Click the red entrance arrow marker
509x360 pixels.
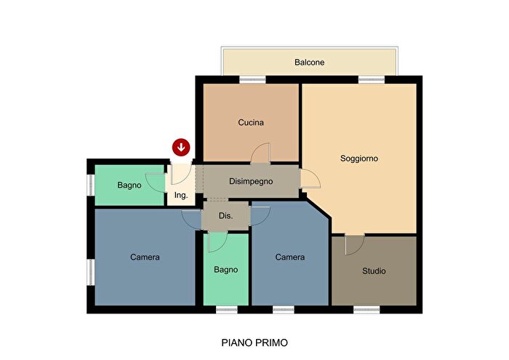pyautogui.click(x=181, y=148)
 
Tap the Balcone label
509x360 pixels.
pyautogui.click(x=309, y=63)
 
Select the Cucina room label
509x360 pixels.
pyautogui.click(x=251, y=123)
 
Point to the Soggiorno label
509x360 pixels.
pyautogui.click(x=359, y=159)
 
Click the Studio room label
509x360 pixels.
pyautogui.click(x=374, y=271)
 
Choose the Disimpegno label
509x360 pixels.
pyautogui.click(x=251, y=182)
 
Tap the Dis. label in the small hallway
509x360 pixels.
pyautogui.click(x=225, y=216)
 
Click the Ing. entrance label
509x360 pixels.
pyautogui.click(x=181, y=196)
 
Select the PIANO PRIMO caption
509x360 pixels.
pyautogui.click(x=254, y=343)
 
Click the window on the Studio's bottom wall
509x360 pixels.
pyautogui.click(x=366, y=310)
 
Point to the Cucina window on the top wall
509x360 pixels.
pyautogui.click(x=252, y=79)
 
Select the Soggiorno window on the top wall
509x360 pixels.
pyautogui.click(x=372, y=79)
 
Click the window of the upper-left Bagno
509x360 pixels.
pyautogui.click(x=91, y=185)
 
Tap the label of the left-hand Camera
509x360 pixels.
pyautogui.click(x=145, y=257)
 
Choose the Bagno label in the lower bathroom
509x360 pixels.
pyautogui.click(x=226, y=269)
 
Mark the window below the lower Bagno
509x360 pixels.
pyautogui.click(x=227, y=310)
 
